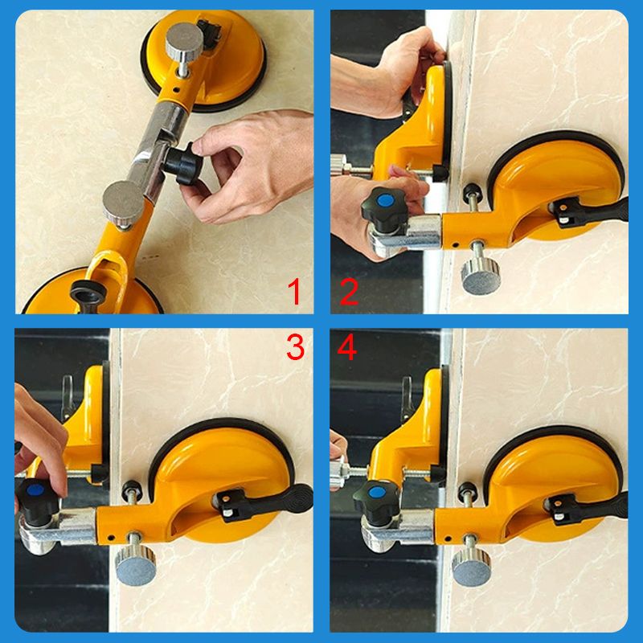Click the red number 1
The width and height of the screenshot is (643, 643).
coord(294,292)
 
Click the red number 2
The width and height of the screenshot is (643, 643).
coord(349,292)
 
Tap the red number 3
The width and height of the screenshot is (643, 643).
coord(295,347)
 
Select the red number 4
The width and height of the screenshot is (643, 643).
coord(347,347)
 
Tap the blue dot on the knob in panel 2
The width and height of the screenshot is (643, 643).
coord(384,201)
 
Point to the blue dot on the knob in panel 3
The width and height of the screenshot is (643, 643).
coord(36,490)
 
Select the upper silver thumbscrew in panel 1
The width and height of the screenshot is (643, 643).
coord(184,41)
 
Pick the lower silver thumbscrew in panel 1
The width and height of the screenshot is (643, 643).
coord(123,203)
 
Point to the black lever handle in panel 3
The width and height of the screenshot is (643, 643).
coord(271,501)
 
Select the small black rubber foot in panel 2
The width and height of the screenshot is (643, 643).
coord(470,191)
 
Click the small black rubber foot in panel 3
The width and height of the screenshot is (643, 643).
coord(132,487)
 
